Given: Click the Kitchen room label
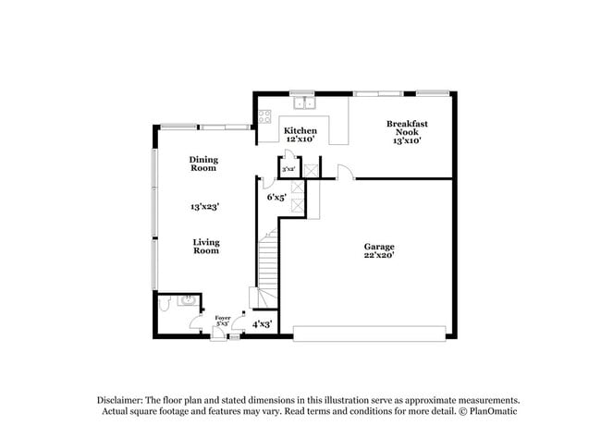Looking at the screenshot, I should point(300,130).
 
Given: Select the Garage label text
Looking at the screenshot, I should point(379,247).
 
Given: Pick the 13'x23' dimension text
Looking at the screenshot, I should point(204,206).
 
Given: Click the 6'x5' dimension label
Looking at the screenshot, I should point(276,197).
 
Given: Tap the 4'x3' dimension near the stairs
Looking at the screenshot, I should point(262,323).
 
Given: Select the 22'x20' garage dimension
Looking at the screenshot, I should point(379,256).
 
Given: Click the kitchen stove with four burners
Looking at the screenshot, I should point(264,117).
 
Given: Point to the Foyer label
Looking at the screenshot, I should point(222,318).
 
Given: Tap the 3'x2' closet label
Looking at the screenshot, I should point(288,170).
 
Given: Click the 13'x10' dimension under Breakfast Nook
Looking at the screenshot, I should point(407,141).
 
